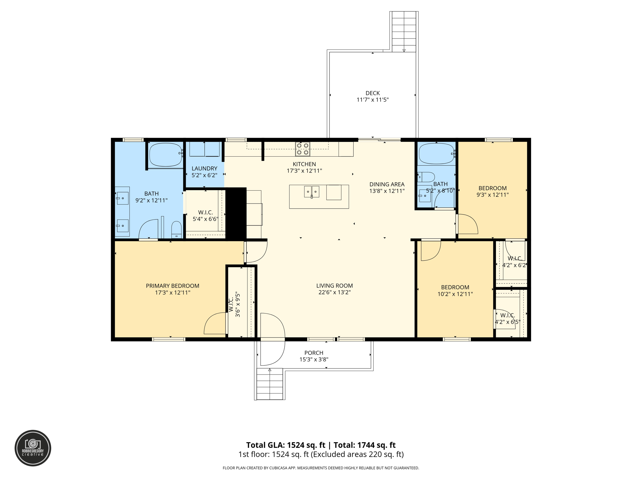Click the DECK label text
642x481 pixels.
372,93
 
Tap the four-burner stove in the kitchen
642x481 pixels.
303,149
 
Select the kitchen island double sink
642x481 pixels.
312,191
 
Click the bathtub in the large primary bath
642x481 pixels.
166,155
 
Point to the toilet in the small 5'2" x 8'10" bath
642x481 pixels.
426,177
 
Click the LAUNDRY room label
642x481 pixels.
204,168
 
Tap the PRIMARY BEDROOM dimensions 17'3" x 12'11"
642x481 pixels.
172,292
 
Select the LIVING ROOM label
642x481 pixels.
334,286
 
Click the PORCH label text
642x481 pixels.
313,353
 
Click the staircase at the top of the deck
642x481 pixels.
404,31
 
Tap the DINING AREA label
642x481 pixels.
387,184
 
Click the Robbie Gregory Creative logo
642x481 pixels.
33,448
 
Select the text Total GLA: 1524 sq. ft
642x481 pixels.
286,445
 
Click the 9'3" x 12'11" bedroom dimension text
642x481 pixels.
492,195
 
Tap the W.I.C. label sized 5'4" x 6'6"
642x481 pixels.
205,212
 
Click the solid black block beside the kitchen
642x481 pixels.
236,213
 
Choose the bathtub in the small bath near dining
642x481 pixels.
436,153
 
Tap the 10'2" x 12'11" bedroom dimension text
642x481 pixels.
455,294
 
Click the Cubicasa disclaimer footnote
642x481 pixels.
321,468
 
